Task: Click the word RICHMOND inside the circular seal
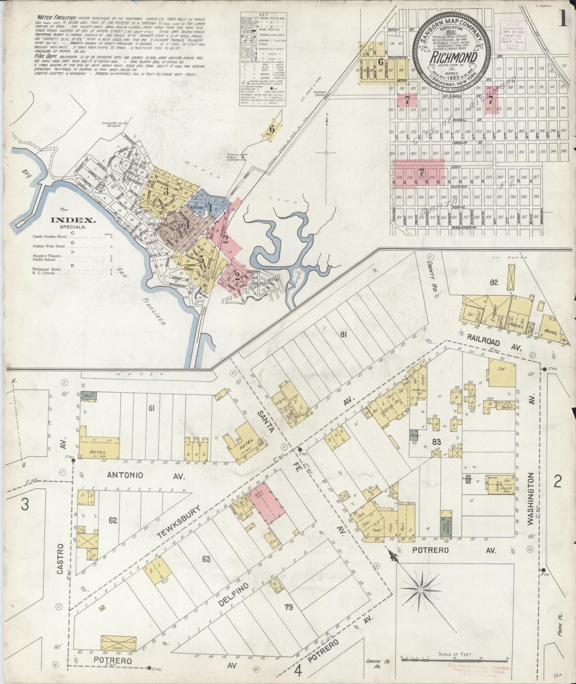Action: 453,58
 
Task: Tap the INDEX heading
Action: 72,220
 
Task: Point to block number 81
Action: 343,335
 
